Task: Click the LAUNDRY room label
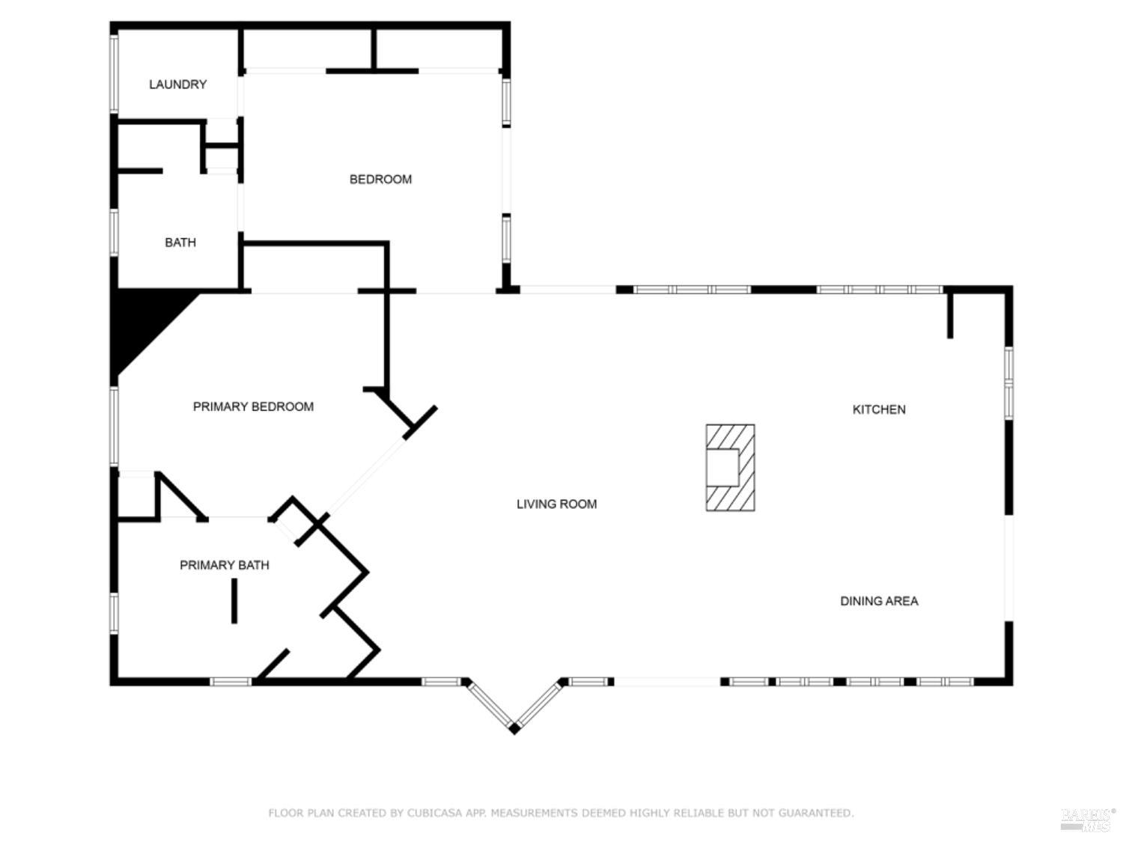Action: [x=177, y=85]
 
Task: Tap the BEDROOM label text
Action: [x=380, y=180]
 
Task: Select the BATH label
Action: [x=180, y=242]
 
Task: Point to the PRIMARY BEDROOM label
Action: [x=253, y=406]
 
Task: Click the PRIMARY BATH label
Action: [x=224, y=565]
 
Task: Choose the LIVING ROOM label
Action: [x=557, y=504]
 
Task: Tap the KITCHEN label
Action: [x=879, y=409]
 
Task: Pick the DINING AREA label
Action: [x=879, y=601]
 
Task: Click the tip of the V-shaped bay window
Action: [x=514, y=730]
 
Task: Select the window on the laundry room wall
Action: [x=114, y=73]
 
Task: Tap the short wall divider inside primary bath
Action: [x=234, y=601]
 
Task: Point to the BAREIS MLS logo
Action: [x=1088, y=820]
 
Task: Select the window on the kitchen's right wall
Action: [x=1008, y=383]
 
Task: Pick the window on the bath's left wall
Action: [x=114, y=233]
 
